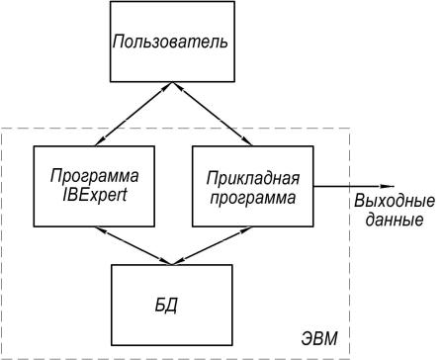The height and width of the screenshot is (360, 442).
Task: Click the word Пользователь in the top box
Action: point(170,42)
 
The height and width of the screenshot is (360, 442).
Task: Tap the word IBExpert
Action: point(95,196)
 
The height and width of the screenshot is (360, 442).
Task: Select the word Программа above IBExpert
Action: point(95,176)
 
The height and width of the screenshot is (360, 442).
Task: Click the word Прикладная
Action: point(253,178)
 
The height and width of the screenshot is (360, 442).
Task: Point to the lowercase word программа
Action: point(253,199)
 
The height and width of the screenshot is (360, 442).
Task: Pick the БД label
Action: point(166,306)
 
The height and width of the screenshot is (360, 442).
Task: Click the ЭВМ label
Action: point(319,338)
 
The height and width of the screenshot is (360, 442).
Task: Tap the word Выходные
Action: point(395,201)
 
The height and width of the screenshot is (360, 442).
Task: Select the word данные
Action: point(395,220)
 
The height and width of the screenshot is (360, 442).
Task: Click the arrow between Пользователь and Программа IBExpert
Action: point(133,114)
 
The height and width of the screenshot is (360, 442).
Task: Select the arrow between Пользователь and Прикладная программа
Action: point(213,114)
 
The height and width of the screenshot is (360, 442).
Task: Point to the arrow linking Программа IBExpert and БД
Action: point(133,245)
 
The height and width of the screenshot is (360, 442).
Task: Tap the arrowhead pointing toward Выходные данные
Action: point(388,187)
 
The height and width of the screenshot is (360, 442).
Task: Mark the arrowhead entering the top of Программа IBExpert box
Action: point(99,141)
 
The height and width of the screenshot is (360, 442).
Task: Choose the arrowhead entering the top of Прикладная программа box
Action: point(247,141)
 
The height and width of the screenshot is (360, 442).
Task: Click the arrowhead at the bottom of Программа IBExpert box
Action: point(101,229)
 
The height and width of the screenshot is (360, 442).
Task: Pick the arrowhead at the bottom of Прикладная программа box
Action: point(246,229)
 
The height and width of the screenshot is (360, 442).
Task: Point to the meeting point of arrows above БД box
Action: point(172,264)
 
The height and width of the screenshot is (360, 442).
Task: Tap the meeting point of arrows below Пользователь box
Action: point(172,82)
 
